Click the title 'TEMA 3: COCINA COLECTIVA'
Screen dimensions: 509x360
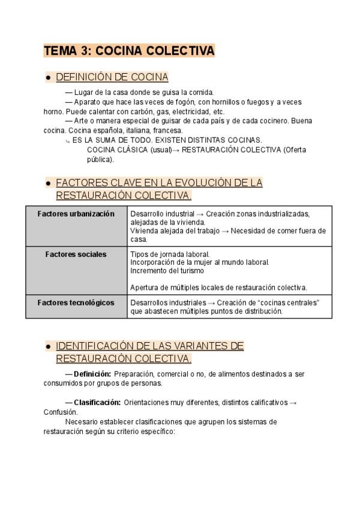pos(129,51)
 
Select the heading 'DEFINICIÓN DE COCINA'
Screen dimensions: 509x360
pos(112,77)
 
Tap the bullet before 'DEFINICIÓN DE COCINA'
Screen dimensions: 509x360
pos(47,78)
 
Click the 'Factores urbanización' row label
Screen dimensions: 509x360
pos(76,214)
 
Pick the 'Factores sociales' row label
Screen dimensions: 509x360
pos(76,254)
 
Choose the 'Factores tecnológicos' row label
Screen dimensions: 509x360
pos(76,303)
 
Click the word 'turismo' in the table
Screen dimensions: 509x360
pos(176,271)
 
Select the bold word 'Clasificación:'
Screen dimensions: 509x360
pos(97,403)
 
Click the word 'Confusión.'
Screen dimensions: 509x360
pos(61,412)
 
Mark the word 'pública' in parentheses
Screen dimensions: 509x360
pos(99,159)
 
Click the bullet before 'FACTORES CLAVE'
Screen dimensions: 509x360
pos(47,183)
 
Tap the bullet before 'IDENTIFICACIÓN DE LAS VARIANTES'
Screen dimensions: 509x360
pos(47,346)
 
